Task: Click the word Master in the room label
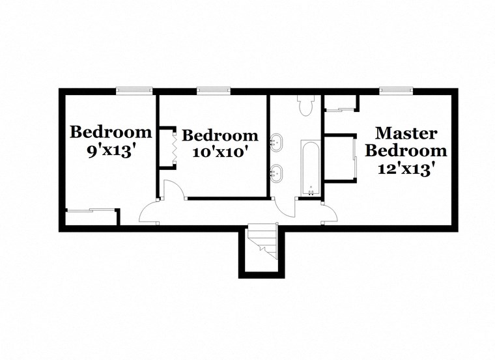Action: [x=405, y=133]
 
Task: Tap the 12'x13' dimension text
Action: [x=405, y=169]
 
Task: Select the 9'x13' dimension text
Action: [x=111, y=150]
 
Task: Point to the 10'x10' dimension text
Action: [x=220, y=154]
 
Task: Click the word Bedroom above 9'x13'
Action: [x=111, y=132]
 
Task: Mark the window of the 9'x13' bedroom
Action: [x=134, y=91]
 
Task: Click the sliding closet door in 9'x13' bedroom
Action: [x=91, y=209]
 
